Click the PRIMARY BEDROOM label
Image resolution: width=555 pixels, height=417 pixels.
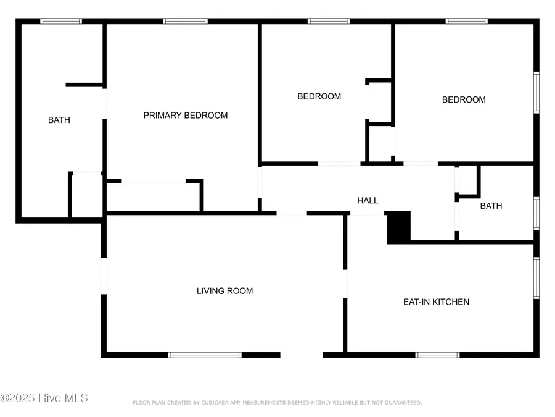186,116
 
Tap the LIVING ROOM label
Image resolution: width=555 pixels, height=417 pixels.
224,291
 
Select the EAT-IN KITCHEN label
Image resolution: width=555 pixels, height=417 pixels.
436,302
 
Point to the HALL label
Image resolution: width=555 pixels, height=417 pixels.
368,201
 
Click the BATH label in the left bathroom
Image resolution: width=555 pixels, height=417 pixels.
59,120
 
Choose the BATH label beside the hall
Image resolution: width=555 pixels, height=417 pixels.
491,206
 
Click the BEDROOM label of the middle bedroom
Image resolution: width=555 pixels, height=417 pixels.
319,96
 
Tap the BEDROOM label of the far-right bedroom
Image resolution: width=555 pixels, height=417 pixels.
464,100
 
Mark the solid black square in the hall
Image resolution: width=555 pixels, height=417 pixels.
398,227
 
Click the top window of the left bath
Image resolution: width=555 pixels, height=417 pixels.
61,22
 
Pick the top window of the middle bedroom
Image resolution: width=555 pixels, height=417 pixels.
329,22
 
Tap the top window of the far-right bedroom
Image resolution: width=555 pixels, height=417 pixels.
467,22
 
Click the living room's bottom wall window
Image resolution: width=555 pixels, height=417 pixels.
205,355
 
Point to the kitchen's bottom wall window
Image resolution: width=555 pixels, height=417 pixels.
437,355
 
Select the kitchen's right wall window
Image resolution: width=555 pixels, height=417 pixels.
536,278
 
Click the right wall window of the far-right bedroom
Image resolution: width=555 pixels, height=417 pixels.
536,93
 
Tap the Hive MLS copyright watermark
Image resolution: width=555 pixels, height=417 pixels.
44,398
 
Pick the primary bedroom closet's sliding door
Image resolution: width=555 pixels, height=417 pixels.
154,181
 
